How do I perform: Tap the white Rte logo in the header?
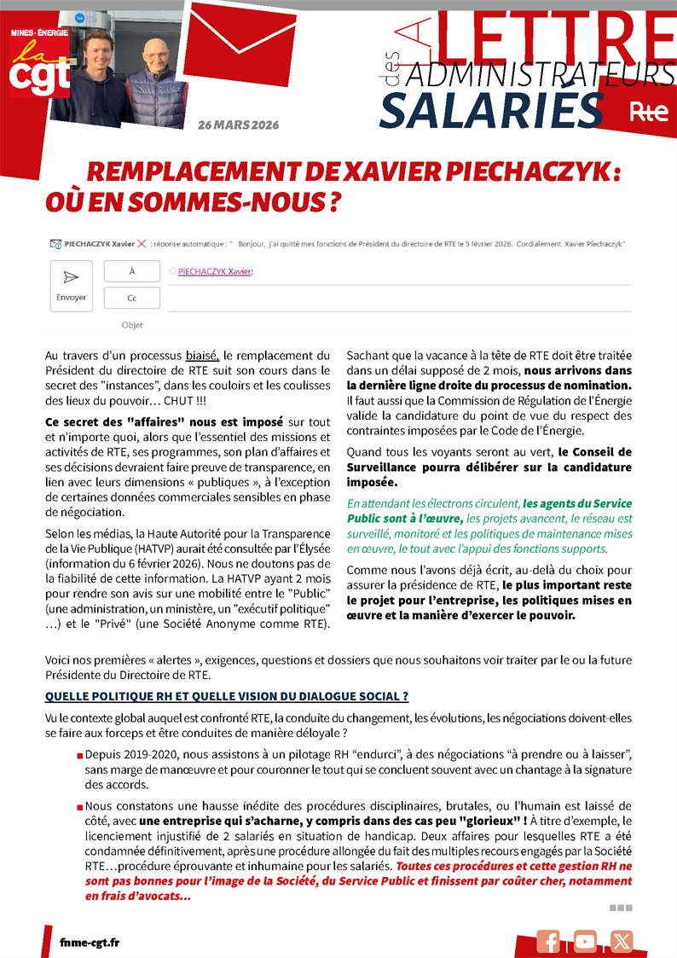pos(648,111)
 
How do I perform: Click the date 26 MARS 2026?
pos(238,125)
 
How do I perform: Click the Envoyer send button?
pos(72,286)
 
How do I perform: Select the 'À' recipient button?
pos(132,270)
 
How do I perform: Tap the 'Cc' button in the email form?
pos(132,298)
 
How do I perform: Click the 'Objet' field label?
pos(132,325)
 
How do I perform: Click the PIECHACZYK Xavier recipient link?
pos(215,271)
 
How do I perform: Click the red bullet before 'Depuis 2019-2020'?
pos(79,756)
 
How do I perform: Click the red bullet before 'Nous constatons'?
pos(79,806)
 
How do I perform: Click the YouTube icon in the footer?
pos(586,941)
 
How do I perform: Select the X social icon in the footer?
pos(622,941)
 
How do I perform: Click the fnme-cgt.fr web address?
pos(90,942)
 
